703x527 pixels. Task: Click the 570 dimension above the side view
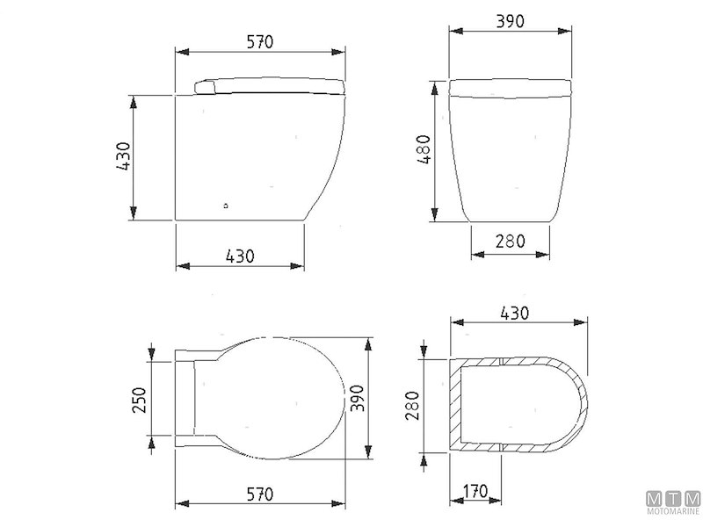point(260,40)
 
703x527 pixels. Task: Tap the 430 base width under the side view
point(240,256)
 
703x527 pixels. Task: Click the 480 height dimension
point(424,154)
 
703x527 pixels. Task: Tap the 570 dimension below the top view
point(260,493)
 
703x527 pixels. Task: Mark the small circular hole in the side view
point(228,206)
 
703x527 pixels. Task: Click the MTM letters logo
point(672,498)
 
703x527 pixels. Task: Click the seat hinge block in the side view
point(203,85)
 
